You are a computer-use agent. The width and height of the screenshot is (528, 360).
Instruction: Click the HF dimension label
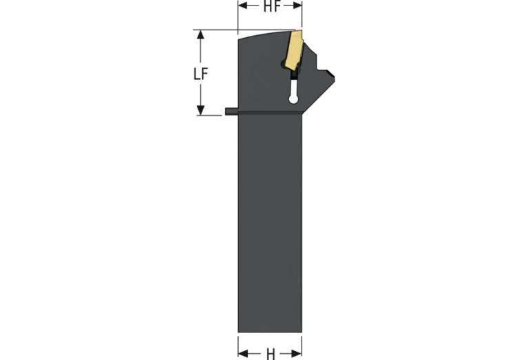click(x=272, y=6)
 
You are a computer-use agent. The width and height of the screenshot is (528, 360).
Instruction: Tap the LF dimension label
click(x=201, y=74)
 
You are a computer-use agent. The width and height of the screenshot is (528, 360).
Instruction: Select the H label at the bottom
click(x=271, y=354)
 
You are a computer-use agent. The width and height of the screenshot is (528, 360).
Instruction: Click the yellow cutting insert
click(x=293, y=50)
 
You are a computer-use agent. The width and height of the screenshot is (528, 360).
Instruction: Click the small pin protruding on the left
click(x=231, y=112)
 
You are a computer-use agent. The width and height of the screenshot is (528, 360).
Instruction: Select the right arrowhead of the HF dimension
click(x=297, y=6)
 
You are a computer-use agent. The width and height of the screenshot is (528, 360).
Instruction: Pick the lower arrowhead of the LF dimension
click(x=201, y=110)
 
